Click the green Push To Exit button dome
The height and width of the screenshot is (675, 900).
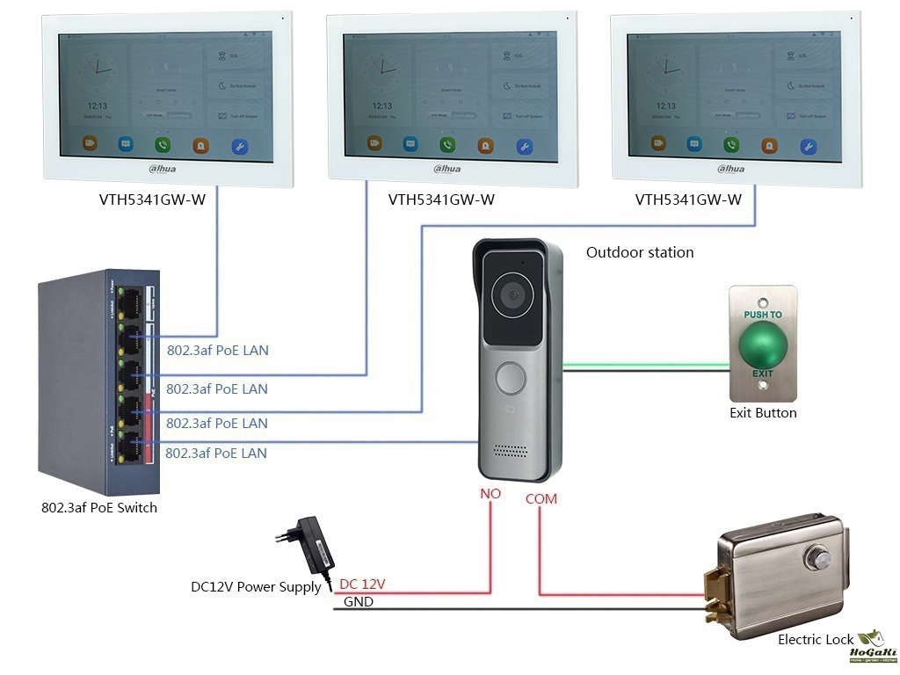pos(762,345)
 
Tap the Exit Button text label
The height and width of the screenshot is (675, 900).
pos(763,412)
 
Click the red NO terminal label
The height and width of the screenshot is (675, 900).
pos(490,494)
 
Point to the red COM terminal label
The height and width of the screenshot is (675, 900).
pos(541,498)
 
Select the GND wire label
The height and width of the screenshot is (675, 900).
pos(358,602)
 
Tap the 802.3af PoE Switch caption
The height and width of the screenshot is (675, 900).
pos(99,507)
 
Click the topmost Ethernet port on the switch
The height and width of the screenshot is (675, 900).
pos(134,301)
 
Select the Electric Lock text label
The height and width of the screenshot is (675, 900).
pos(816,640)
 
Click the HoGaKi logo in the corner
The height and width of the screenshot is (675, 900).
pos(872,645)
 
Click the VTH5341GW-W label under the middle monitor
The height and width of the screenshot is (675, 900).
pos(441,200)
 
